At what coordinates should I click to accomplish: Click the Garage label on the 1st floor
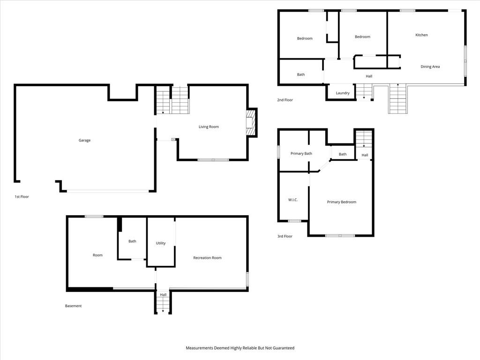[x=84, y=140]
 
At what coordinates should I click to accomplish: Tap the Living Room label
[x=209, y=127]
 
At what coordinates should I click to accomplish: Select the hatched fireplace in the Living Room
[x=250, y=123]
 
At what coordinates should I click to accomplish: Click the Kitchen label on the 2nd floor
[x=421, y=35]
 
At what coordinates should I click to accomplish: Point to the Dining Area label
[x=430, y=67]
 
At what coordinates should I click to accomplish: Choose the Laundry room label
[x=343, y=93]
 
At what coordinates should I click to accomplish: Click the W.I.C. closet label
[x=293, y=200]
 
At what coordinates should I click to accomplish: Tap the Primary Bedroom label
[x=342, y=202]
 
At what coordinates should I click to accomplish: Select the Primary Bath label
[x=301, y=154]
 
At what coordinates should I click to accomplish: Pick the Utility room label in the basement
[x=161, y=243]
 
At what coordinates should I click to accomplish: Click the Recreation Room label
[x=207, y=258]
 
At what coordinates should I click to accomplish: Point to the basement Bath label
[x=132, y=241]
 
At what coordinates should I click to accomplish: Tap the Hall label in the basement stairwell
[x=163, y=295]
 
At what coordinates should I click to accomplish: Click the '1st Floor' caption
[x=22, y=196]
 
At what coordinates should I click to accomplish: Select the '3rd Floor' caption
[x=285, y=236]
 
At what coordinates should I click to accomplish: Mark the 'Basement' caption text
[x=74, y=306]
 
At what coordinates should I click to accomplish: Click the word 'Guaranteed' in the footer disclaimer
[x=284, y=348]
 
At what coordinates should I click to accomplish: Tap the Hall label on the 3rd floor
[x=365, y=155]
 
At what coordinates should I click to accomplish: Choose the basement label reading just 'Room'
[x=97, y=255]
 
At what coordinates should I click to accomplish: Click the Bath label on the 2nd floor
[x=301, y=75]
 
